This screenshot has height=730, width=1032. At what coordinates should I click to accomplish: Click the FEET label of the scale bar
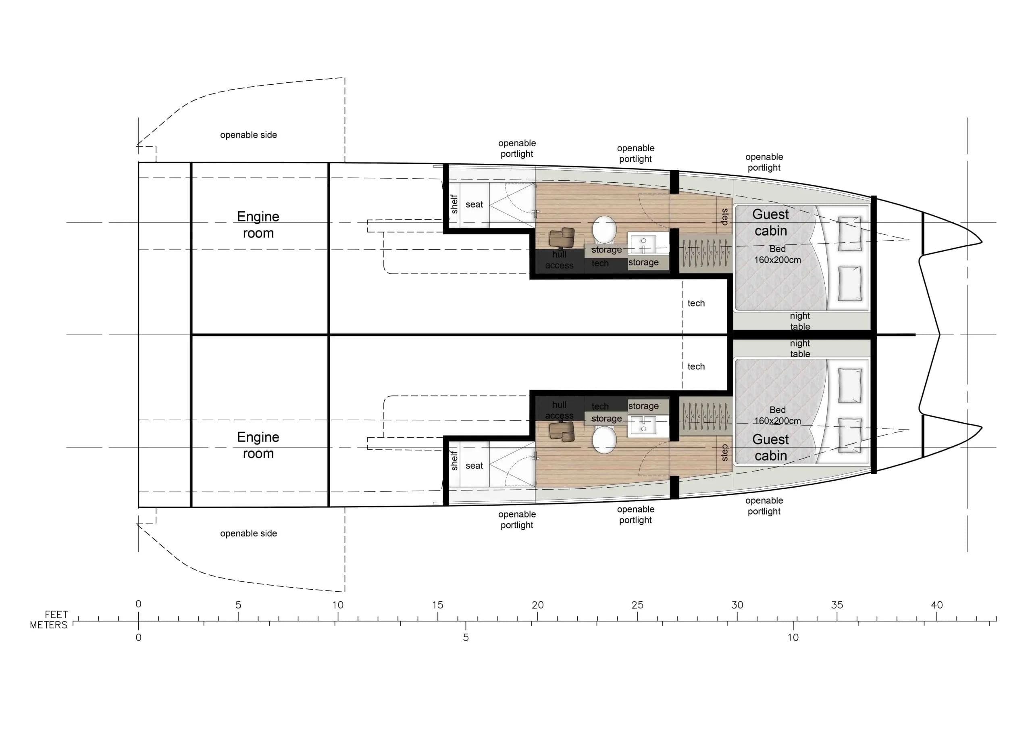(x=56, y=614)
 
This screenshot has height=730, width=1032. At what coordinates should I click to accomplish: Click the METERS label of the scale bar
(x=48, y=625)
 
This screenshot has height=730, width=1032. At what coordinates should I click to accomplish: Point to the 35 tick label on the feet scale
(x=836, y=605)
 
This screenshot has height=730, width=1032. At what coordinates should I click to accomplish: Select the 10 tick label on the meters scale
(x=793, y=637)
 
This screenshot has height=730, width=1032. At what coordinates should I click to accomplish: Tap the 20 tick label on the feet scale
(x=538, y=605)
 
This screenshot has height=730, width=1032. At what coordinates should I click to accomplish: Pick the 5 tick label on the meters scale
(x=466, y=637)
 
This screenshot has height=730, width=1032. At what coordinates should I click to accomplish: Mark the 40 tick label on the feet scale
(x=937, y=605)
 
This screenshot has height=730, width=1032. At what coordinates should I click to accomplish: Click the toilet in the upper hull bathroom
(x=604, y=229)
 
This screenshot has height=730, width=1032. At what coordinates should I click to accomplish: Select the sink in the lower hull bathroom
(x=643, y=426)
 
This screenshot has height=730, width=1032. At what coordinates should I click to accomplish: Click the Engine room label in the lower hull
(x=258, y=445)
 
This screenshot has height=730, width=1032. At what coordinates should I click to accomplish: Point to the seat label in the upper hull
(x=474, y=204)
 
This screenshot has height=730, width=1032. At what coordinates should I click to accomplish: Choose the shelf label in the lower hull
(x=454, y=461)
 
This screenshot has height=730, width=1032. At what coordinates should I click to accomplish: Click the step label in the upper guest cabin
(x=724, y=217)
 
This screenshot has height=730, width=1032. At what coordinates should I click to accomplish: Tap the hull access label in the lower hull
(x=559, y=410)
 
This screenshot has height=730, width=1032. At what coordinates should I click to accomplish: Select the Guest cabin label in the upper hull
(x=770, y=223)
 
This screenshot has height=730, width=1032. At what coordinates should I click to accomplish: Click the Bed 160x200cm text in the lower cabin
(x=777, y=415)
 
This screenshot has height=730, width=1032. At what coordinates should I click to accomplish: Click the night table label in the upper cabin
(x=800, y=321)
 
